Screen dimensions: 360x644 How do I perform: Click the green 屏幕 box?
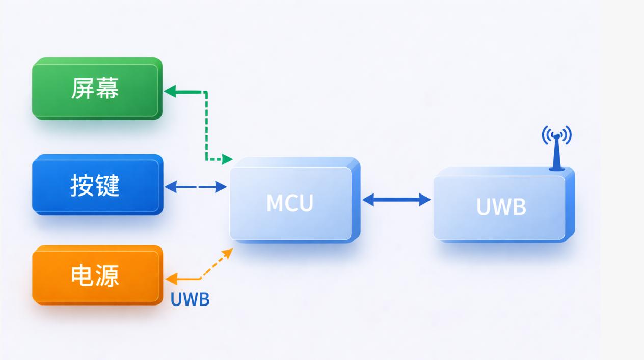[97, 89]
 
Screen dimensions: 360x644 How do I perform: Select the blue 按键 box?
[97, 185]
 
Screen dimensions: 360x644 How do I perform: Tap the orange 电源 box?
[97, 275]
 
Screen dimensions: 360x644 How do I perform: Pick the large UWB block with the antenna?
[502, 206]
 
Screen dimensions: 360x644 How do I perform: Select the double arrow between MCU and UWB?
[396, 200]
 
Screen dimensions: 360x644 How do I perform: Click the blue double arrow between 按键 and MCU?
[196, 187]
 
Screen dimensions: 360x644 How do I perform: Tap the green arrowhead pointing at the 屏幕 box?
[170, 92]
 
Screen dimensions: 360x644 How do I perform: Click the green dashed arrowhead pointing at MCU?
[227, 159]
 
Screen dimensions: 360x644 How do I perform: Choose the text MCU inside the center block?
[289, 203]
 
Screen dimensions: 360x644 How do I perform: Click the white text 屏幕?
[95, 89]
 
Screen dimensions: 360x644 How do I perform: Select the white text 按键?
[95, 185]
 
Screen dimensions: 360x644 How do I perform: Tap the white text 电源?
[95, 275]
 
